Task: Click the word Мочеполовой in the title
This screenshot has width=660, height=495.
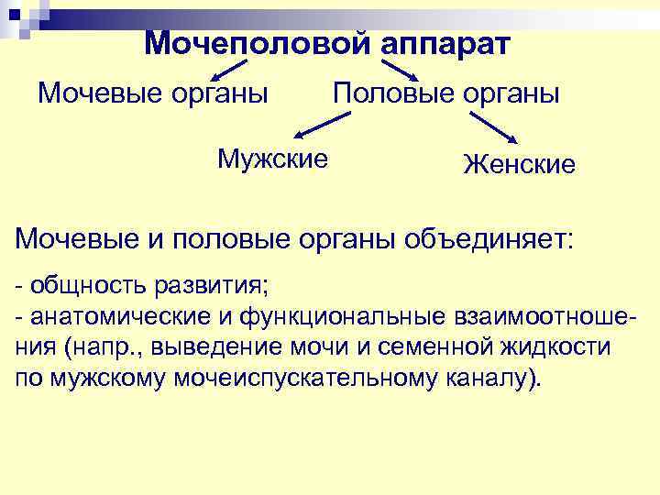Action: [x=257, y=43]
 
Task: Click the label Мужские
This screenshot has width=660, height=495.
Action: [x=272, y=159]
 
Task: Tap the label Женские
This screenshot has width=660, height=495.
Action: [x=519, y=164]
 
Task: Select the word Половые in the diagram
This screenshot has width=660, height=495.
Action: [x=387, y=93]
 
